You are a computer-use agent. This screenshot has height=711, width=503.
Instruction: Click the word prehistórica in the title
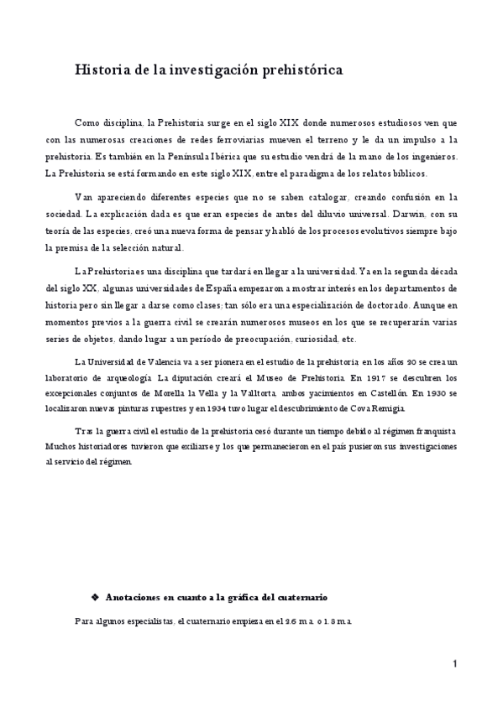pos(301,71)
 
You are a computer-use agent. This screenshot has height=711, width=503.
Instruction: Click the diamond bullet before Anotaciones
pos(94,597)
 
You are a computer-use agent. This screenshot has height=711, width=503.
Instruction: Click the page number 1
pos(454,665)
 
